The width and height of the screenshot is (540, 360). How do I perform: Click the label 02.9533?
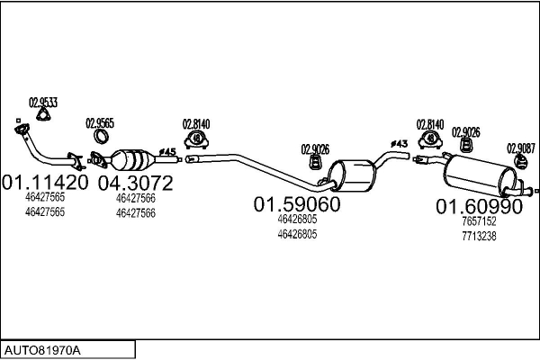coord(43,103)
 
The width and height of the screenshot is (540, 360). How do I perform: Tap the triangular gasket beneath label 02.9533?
coord(40,115)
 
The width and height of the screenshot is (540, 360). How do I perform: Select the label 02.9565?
coord(100,123)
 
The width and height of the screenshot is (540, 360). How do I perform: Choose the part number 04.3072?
coord(135,183)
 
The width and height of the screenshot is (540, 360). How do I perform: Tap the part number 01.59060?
coord(296,204)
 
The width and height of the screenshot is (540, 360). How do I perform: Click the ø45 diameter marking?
coord(166,150)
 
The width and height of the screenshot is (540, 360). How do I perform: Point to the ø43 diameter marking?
coord(399,144)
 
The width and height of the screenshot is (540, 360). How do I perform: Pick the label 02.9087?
coord(520,148)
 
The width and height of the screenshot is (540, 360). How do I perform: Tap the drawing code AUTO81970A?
coord(43,347)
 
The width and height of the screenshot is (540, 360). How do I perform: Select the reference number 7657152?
coord(478,221)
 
